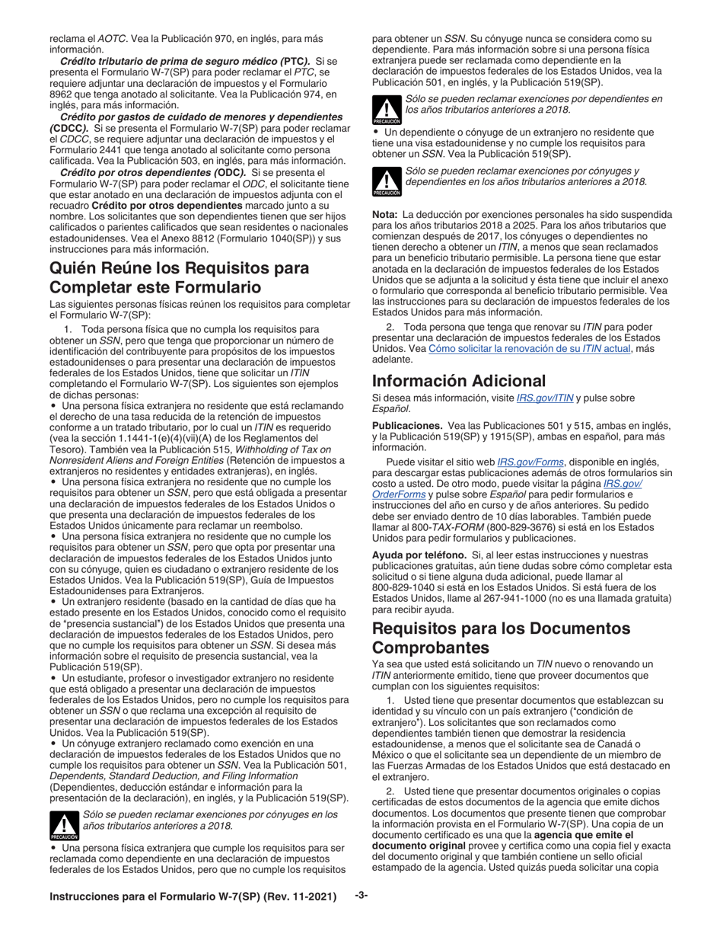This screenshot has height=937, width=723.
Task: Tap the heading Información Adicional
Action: (x=459, y=380)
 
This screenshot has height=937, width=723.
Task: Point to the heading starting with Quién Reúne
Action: (x=179, y=277)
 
